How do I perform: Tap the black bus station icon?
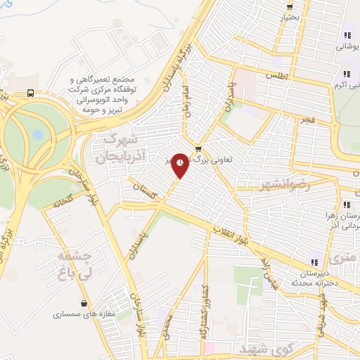tap(30, 92)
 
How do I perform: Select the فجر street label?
tap(304, 120)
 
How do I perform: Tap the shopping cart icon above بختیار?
tap(289, 6)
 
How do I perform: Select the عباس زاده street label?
tap(269, 273)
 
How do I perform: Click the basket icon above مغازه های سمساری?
tap(84, 304)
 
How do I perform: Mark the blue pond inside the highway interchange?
tap(38, 134)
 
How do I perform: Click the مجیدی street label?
tap(166, 326)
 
